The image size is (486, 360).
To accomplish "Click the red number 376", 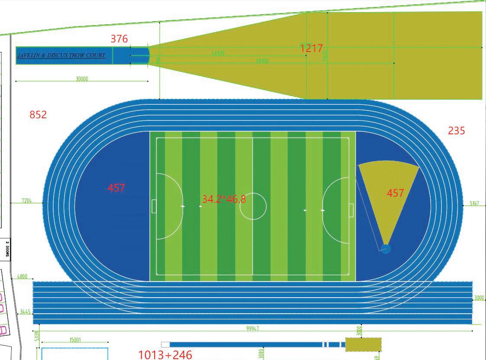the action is click(119, 39).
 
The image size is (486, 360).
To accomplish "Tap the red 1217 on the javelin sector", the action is click(311, 48).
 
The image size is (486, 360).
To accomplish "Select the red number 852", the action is click(38, 115).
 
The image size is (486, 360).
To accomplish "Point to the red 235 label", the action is click(457, 130).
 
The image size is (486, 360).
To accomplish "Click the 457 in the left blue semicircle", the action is click(117, 188).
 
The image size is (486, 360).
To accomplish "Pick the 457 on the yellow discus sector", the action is click(395, 193).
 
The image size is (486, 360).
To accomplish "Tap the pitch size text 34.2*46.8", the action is click(224, 199).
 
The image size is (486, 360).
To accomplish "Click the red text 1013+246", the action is click(165, 355).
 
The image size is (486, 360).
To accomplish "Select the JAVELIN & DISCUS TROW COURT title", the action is click(61, 55).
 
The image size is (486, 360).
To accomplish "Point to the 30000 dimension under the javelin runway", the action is click(82, 79).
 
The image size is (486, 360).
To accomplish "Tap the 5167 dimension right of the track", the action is click(474, 203).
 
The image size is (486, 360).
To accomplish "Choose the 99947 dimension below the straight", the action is click(253, 329).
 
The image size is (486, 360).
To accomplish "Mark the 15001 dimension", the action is click(75, 340).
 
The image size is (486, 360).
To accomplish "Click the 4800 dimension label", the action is click(22, 276).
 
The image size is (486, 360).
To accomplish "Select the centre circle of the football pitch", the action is click(253, 207).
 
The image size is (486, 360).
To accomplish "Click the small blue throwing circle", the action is click(385, 249).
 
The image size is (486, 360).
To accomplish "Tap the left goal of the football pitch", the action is click(154, 206).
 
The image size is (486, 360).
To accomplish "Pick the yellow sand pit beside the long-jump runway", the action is click(363, 344).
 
